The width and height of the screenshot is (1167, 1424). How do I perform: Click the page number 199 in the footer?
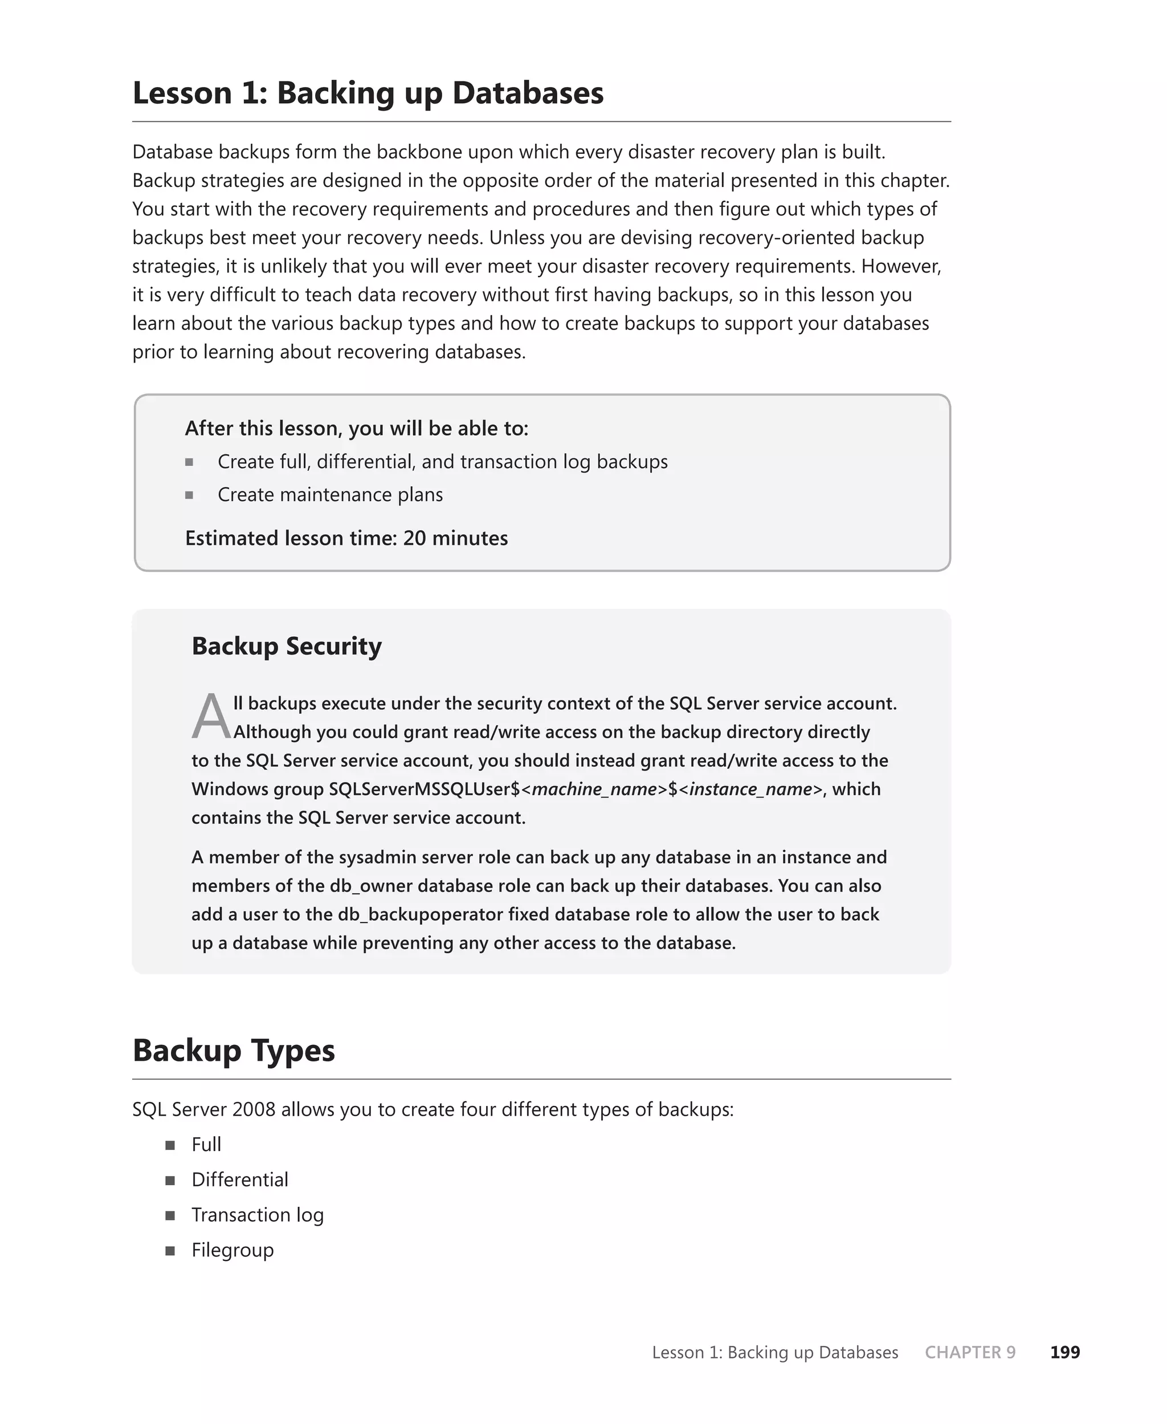coord(1065,1352)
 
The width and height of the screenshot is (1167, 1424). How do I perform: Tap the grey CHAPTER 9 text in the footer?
coord(970,1352)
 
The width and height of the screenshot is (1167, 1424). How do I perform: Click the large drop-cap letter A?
coord(210,717)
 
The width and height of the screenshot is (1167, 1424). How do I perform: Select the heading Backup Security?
coord(287,646)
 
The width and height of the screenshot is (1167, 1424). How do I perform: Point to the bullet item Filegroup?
coord(232,1250)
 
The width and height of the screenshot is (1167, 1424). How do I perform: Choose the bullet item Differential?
coord(239,1179)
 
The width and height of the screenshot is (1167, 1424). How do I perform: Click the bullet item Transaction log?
coord(258,1214)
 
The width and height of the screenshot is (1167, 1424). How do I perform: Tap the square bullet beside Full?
coord(170,1145)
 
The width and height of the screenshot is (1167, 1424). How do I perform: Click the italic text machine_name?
coord(594,788)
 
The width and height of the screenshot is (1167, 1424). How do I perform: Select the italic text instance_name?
coord(751,788)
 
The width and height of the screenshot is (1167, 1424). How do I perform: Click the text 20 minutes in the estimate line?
coord(455,538)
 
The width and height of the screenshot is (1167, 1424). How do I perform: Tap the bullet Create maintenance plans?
coord(330,495)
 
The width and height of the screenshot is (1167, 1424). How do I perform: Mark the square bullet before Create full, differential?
coord(190,462)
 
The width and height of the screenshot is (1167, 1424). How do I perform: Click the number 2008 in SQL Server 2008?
coord(254,1109)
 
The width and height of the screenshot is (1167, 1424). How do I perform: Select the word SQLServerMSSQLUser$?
coord(424,788)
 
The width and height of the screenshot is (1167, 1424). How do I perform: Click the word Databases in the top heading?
coord(528,93)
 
